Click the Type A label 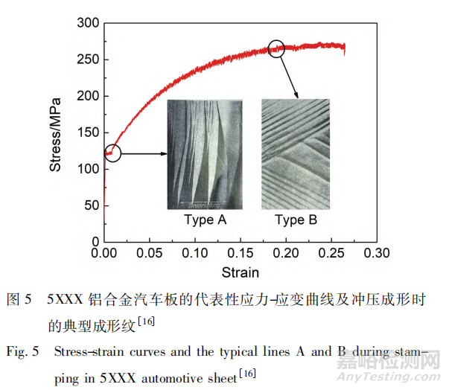coord(205,220)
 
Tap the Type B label coord(296,220)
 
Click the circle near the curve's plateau coord(277,49)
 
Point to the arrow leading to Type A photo coord(143,154)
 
